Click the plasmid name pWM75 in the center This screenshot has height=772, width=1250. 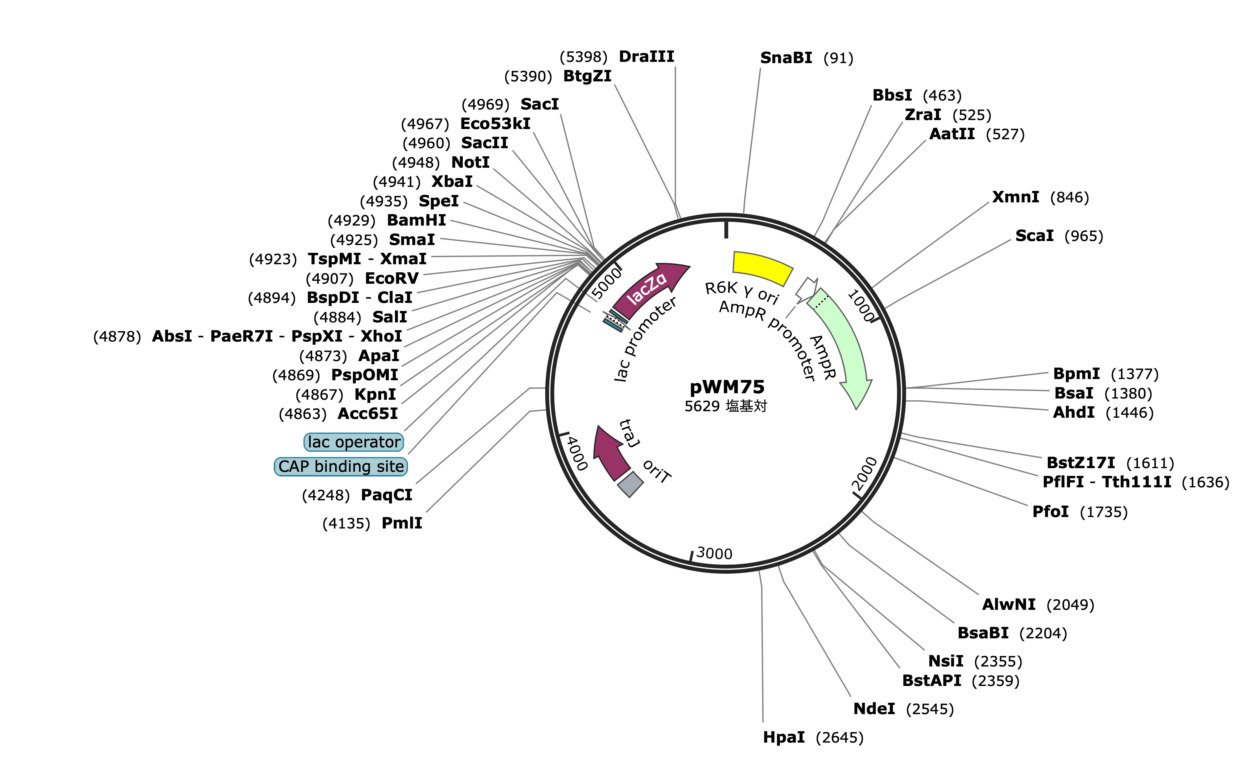coord(727,387)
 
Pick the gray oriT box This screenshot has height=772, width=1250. coord(630,484)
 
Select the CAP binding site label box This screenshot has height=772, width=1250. coord(341,466)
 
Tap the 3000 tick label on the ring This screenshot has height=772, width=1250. coord(714,554)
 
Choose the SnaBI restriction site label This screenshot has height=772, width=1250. coord(786,58)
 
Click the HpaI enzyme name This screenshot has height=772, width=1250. coord(784,737)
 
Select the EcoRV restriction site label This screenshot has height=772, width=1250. coord(392,278)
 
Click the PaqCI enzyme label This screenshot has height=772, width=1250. coord(386,495)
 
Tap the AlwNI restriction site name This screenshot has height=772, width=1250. coord(1009,605)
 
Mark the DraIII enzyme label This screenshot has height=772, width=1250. coord(647,56)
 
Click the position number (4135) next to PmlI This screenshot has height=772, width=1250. coord(346,523)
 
